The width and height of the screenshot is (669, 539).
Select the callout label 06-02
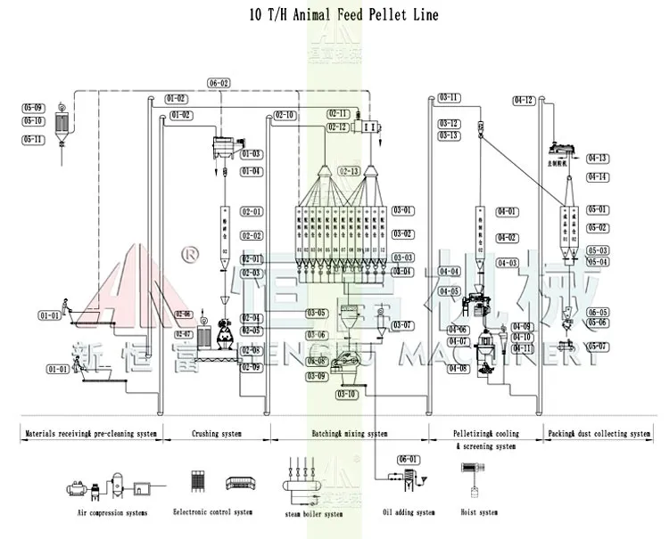tap(219, 83)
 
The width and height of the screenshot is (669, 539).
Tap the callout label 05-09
tap(33, 109)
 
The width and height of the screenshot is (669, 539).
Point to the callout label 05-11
tap(33, 139)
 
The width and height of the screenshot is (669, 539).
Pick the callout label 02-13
tap(349, 170)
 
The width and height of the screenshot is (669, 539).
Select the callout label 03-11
tap(449, 97)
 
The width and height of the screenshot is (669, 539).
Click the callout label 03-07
tap(402, 325)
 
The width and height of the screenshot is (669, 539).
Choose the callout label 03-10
tap(346, 394)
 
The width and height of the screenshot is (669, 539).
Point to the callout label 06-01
tap(408, 459)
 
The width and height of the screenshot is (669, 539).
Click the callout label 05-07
tap(598, 346)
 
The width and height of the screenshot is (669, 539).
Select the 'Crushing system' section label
tap(218, 434)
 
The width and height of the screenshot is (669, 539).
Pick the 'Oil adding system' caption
tap(409, 512)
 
